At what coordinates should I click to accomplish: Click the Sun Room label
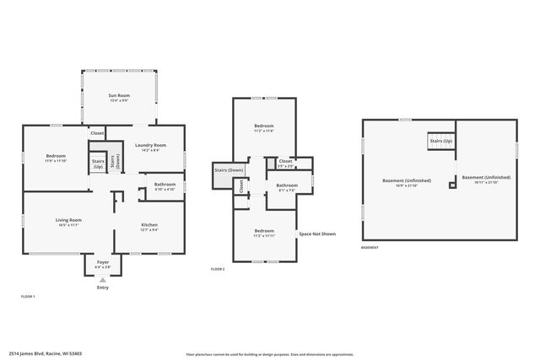coord(119,97)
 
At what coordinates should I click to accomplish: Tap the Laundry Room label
coord(150,148)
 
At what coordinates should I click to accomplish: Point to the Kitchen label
coord(148,226)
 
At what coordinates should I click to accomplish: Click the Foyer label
coord(103,264)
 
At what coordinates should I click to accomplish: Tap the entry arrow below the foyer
coord(103,279)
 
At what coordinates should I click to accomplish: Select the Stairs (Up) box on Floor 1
coord(98,163)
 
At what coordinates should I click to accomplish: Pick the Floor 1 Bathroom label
coord(165,185)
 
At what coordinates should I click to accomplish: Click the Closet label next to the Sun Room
coord(97,133)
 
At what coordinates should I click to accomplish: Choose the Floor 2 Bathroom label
coord(286,186)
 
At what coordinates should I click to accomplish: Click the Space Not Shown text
coord(317,234)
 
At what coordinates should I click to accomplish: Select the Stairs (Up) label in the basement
coord(441,141)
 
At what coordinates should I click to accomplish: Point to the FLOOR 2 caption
coord(218,269)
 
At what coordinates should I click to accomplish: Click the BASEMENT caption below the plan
coord(370,248)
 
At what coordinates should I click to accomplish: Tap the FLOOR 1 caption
coord(28,297)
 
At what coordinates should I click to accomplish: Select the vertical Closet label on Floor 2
coord(240,186)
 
